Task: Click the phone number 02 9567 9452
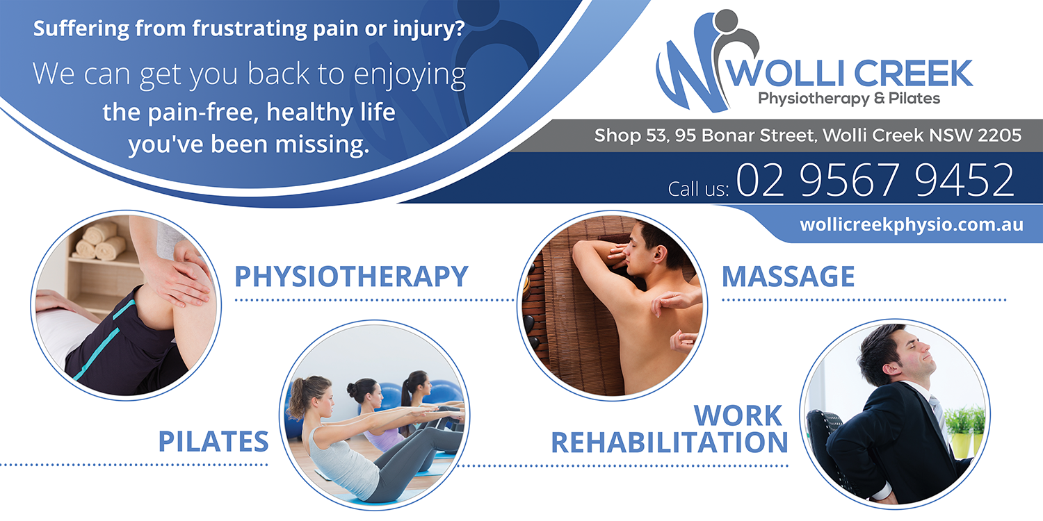click(875, 180)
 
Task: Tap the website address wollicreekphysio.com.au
click(911, 225)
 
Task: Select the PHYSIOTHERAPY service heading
click(351, 276)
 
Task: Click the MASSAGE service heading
click(788, 276)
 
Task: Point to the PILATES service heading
click(213, 441)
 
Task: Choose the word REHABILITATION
click(670, 442)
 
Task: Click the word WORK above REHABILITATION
click(738, 415)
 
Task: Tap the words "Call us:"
click(698, 189)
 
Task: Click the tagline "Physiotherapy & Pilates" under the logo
click(849, 99)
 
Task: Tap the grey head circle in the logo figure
click(726, 22)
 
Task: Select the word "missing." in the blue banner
click(322, 144)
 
